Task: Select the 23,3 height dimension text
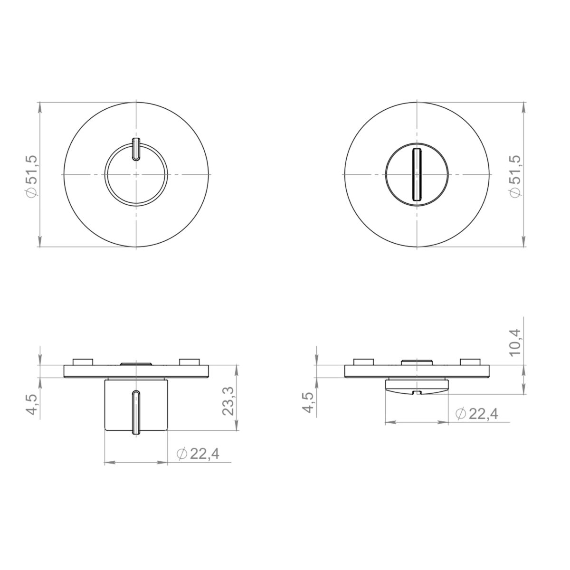[228, 401]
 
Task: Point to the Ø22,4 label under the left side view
[198, 454]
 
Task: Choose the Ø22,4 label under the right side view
[477, 414]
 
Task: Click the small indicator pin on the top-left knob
[136, 149]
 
